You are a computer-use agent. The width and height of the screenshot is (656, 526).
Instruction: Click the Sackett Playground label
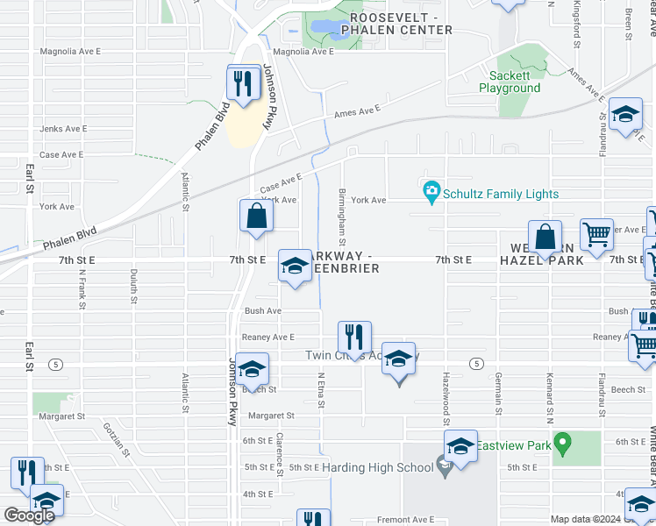point(510,82)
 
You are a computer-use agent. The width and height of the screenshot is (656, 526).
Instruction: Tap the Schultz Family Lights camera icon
point(431,190)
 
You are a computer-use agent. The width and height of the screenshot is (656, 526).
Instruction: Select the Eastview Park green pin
point(564,441)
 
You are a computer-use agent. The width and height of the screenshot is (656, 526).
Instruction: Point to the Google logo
point(29,515)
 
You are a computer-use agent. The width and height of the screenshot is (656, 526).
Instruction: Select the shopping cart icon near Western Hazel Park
point(596,234)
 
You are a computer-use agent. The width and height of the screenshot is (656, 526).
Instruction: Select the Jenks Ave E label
point(61,129)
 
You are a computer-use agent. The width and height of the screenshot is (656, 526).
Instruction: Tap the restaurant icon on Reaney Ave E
point(354,337)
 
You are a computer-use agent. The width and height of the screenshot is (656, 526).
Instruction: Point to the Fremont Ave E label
point(405,520)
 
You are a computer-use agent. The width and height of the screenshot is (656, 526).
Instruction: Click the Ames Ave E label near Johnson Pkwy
point(357,111)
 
